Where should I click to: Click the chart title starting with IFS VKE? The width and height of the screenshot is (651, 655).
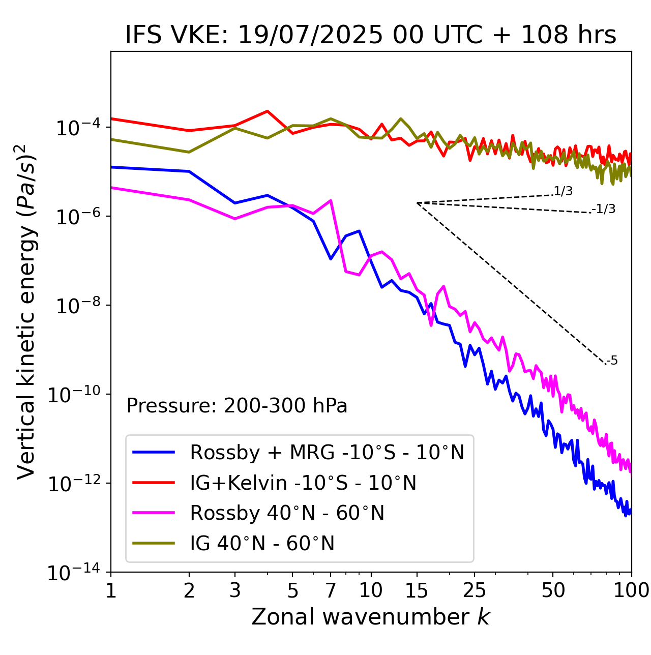371,36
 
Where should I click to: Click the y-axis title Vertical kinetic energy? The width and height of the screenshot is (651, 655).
26,312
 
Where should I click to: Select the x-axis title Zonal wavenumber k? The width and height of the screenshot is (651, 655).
371,616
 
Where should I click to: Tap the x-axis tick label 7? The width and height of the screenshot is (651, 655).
331,590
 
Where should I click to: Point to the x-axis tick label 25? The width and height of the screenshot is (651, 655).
475,590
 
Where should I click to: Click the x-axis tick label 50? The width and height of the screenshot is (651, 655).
553,590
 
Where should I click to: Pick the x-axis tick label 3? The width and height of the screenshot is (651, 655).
235,590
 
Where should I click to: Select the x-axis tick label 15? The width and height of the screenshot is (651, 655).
417,590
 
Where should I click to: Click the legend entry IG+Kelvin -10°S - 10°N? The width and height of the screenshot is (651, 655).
303,483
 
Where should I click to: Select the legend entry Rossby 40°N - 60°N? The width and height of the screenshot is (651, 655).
287,513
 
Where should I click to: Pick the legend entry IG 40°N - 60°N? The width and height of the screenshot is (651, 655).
262,544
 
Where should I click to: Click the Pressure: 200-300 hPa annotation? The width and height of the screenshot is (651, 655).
237,406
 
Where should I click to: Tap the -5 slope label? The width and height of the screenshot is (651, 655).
612,361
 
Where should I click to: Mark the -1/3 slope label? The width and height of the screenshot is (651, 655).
604,209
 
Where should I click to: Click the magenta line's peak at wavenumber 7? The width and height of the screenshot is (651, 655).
331,200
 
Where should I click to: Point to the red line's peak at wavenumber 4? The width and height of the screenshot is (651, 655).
267,111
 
